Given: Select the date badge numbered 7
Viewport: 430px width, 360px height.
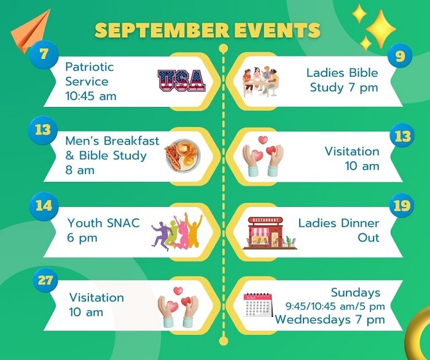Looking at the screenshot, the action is [44, 55].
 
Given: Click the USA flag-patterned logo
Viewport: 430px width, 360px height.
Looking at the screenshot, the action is [182, 80].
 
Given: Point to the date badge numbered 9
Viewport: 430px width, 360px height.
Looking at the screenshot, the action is [400, 56].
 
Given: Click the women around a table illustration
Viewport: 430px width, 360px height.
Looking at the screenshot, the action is [261, 81].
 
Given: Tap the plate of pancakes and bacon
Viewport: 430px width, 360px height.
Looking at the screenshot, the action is [182, 155].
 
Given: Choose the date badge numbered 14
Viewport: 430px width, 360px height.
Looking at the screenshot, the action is [44, 206].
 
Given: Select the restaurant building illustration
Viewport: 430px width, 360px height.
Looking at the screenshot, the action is [270, 233].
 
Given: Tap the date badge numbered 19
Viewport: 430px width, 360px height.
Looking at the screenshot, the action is [402, 205].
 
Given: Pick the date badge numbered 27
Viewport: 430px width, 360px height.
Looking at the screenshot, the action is [45, 281].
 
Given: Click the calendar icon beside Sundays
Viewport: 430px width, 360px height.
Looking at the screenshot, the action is [258, 305].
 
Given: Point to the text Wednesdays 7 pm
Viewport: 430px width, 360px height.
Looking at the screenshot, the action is [330, 319].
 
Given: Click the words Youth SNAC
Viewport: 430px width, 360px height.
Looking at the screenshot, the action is [104, 223].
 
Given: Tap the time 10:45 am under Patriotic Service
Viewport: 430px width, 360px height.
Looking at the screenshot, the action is [91, 96].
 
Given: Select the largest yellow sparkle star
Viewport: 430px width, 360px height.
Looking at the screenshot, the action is [381, 29].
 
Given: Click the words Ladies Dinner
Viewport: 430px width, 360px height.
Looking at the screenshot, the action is [338, 223].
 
